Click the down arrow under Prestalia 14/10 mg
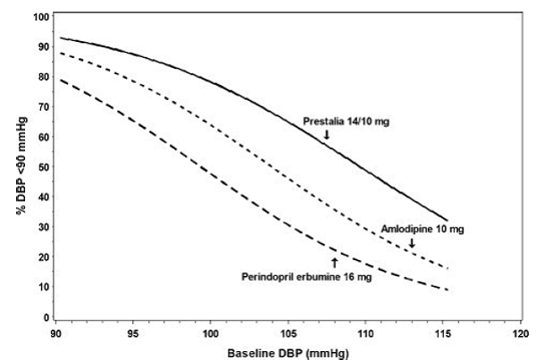point(327,134)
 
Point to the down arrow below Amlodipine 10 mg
point(412,243)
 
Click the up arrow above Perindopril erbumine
point(334,262)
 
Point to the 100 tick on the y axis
point(41,17)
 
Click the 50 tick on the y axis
point(44,167)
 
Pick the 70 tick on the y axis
point(44,107)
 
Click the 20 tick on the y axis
point(44,257)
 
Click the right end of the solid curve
point(448,220)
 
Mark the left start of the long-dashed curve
point(61,80)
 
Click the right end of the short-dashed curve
point(448,268)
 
